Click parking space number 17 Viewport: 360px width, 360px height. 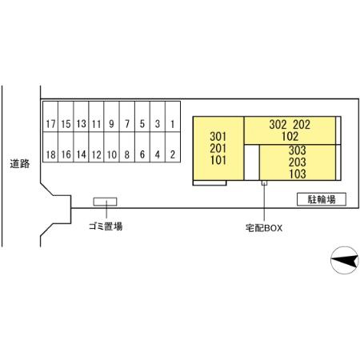click(50, 117)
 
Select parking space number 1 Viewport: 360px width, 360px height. click(173, 117)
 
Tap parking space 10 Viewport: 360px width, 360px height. click(112, 147)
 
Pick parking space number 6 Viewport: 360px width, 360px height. click(142, 147)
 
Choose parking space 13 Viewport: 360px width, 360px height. click(81, 117)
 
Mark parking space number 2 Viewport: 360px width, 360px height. click(173, 147)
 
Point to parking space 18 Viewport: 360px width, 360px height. click(50, 147)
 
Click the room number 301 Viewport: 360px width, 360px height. click(218, 137)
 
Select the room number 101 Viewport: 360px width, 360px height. click(218, 160)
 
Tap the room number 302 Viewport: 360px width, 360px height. click(278, 125)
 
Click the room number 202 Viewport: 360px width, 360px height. click(302, 125)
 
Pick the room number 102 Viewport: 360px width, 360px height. click(290, 136)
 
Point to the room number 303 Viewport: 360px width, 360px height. click(297, 150)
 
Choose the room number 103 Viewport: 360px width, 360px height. click(298, 174)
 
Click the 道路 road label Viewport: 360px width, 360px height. click(20, 163)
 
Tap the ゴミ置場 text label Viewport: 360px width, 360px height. click(106, 226)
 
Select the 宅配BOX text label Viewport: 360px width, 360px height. click(264, 228)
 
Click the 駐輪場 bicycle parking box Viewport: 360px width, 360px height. click(322, 199)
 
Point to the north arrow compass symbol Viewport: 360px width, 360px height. click(344, 260)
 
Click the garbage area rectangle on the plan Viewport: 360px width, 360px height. click(105, 202)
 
